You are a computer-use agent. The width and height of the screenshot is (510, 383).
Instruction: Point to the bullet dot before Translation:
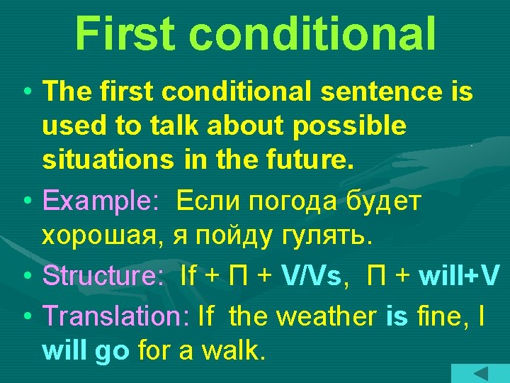pos(25,316)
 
